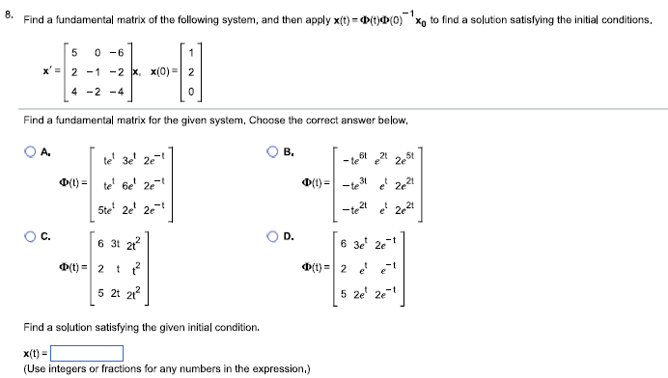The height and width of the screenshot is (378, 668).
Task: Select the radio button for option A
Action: tap(33, 151)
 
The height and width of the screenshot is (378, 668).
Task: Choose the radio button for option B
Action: tap(274, 151)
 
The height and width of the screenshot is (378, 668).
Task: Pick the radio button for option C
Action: tap(33, 234)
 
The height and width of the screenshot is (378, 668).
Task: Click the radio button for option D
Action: tap(274, 234)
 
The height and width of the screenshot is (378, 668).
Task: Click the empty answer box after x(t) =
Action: tap(87, 353)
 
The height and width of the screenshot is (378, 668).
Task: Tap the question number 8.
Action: tap(9, 13)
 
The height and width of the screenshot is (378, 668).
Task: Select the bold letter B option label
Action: tap(289, 151)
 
